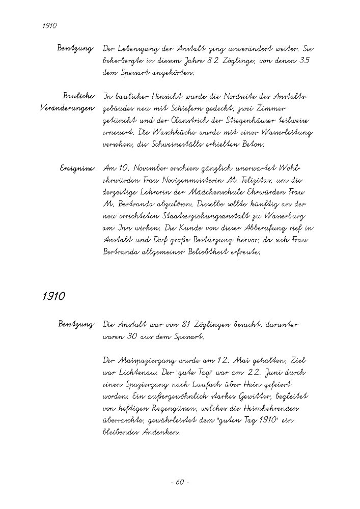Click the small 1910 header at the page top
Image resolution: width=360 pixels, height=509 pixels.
pyautogui.click(x=49, y=25)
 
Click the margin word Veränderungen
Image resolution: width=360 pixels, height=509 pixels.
pyautogui.click(x=67, y=108)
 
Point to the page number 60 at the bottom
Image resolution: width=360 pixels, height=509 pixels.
pyautogui.click(x=179, y=482)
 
